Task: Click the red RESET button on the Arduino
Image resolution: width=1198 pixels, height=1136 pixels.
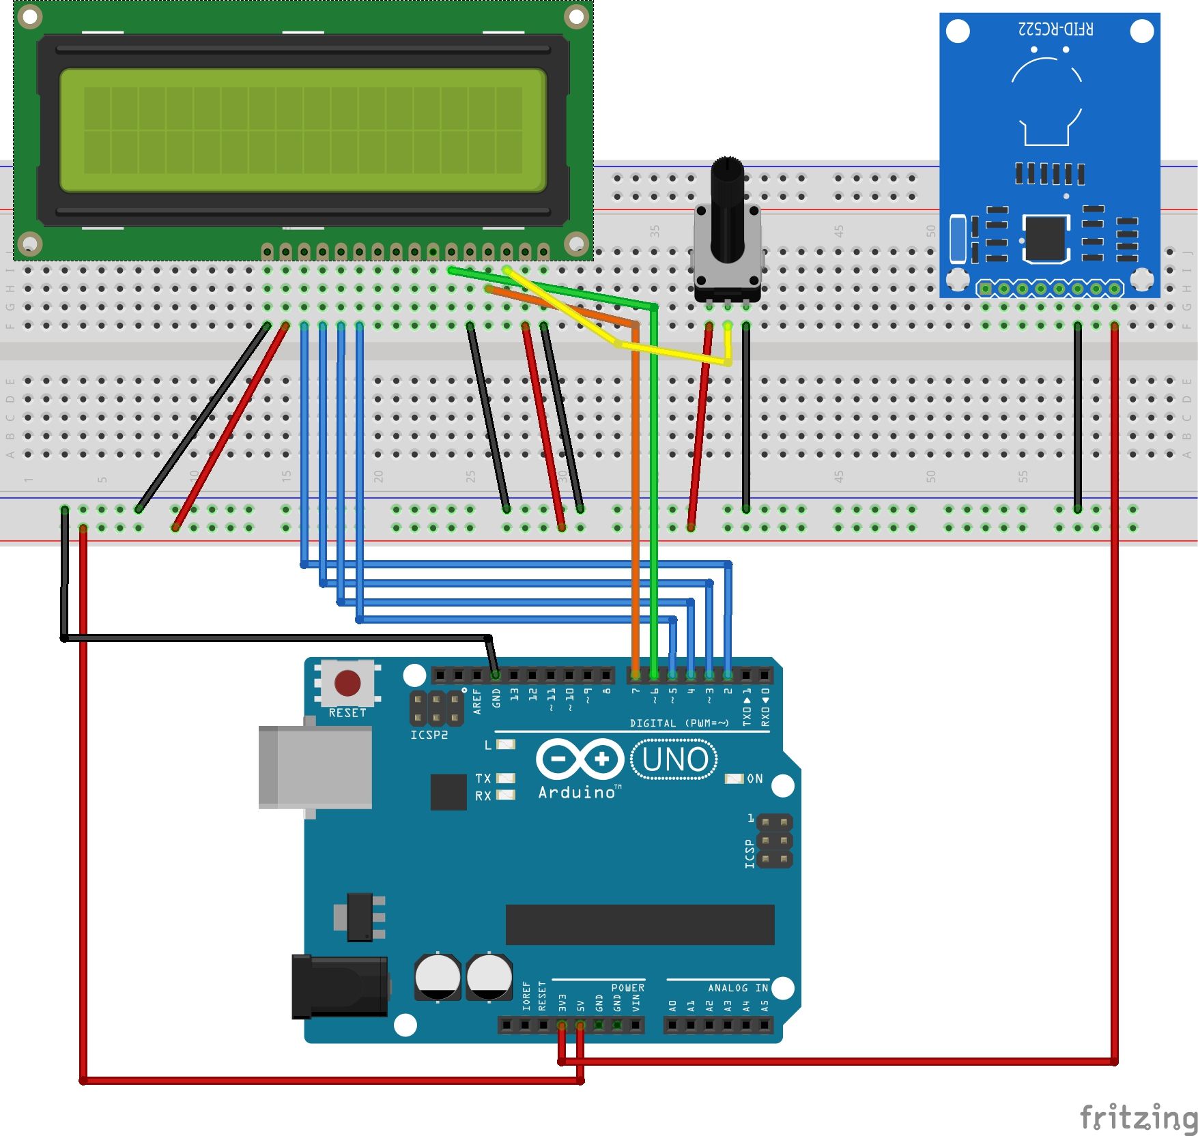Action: [x=347, y=682]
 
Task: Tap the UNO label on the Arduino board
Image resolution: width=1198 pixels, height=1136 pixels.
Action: [x=674, y=760]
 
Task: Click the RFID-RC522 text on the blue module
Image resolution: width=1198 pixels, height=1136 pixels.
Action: [x=1055, y=29]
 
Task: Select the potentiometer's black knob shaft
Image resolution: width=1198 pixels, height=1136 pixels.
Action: [x=727, y=205]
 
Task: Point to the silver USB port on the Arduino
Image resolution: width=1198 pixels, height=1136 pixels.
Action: [x=315, y=767]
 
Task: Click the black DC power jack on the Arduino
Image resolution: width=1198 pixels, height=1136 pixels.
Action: [x=339, y=987]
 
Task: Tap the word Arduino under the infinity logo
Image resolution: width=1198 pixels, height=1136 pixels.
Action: [x=577, y=792]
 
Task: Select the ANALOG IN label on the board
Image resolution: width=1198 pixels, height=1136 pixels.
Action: [x=737, y=988]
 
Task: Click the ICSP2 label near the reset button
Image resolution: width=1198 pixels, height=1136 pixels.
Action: [x=429, y=735]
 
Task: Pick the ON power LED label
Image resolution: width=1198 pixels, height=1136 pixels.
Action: [x=754, y=778]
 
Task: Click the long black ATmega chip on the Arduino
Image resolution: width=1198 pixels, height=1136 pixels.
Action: [x=640, y=924]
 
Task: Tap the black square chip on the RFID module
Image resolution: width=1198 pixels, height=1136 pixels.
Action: [x=1045, y=238]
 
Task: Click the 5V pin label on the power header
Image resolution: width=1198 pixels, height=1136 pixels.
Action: [x=580, y=1006]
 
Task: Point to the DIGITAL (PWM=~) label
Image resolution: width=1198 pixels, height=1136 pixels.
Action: [x=679, y=723]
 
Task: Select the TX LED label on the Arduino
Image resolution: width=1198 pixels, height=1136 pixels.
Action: [x=483, y=778]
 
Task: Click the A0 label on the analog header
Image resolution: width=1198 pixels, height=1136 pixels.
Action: [x=672, y=1006]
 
